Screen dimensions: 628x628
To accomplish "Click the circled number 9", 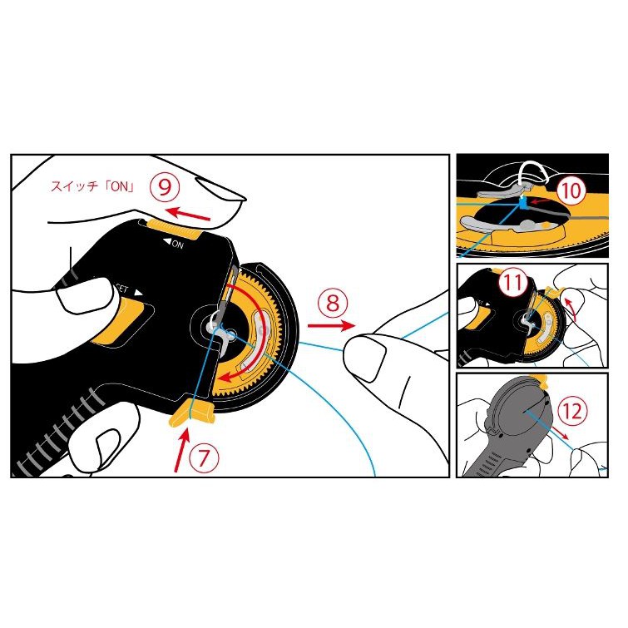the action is coord(165,186).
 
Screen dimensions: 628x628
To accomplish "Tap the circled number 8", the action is coord(333,303).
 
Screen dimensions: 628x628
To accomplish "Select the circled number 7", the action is coord(204,458).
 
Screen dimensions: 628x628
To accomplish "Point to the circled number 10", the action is coord(571,190).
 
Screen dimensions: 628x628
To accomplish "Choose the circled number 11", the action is coord(513,282).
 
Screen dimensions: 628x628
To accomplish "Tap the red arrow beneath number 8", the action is coord(331,325).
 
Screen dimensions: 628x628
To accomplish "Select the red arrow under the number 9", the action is coord(188,214).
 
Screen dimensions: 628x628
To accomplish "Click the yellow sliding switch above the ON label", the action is coord(173,230).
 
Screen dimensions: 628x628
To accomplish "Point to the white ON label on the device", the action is coord(173,243).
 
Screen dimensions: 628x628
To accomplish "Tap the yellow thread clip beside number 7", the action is coord(192,413).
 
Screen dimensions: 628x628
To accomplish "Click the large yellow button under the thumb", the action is coord(121,324).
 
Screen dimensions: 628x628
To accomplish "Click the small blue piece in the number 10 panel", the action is coord(522,204).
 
